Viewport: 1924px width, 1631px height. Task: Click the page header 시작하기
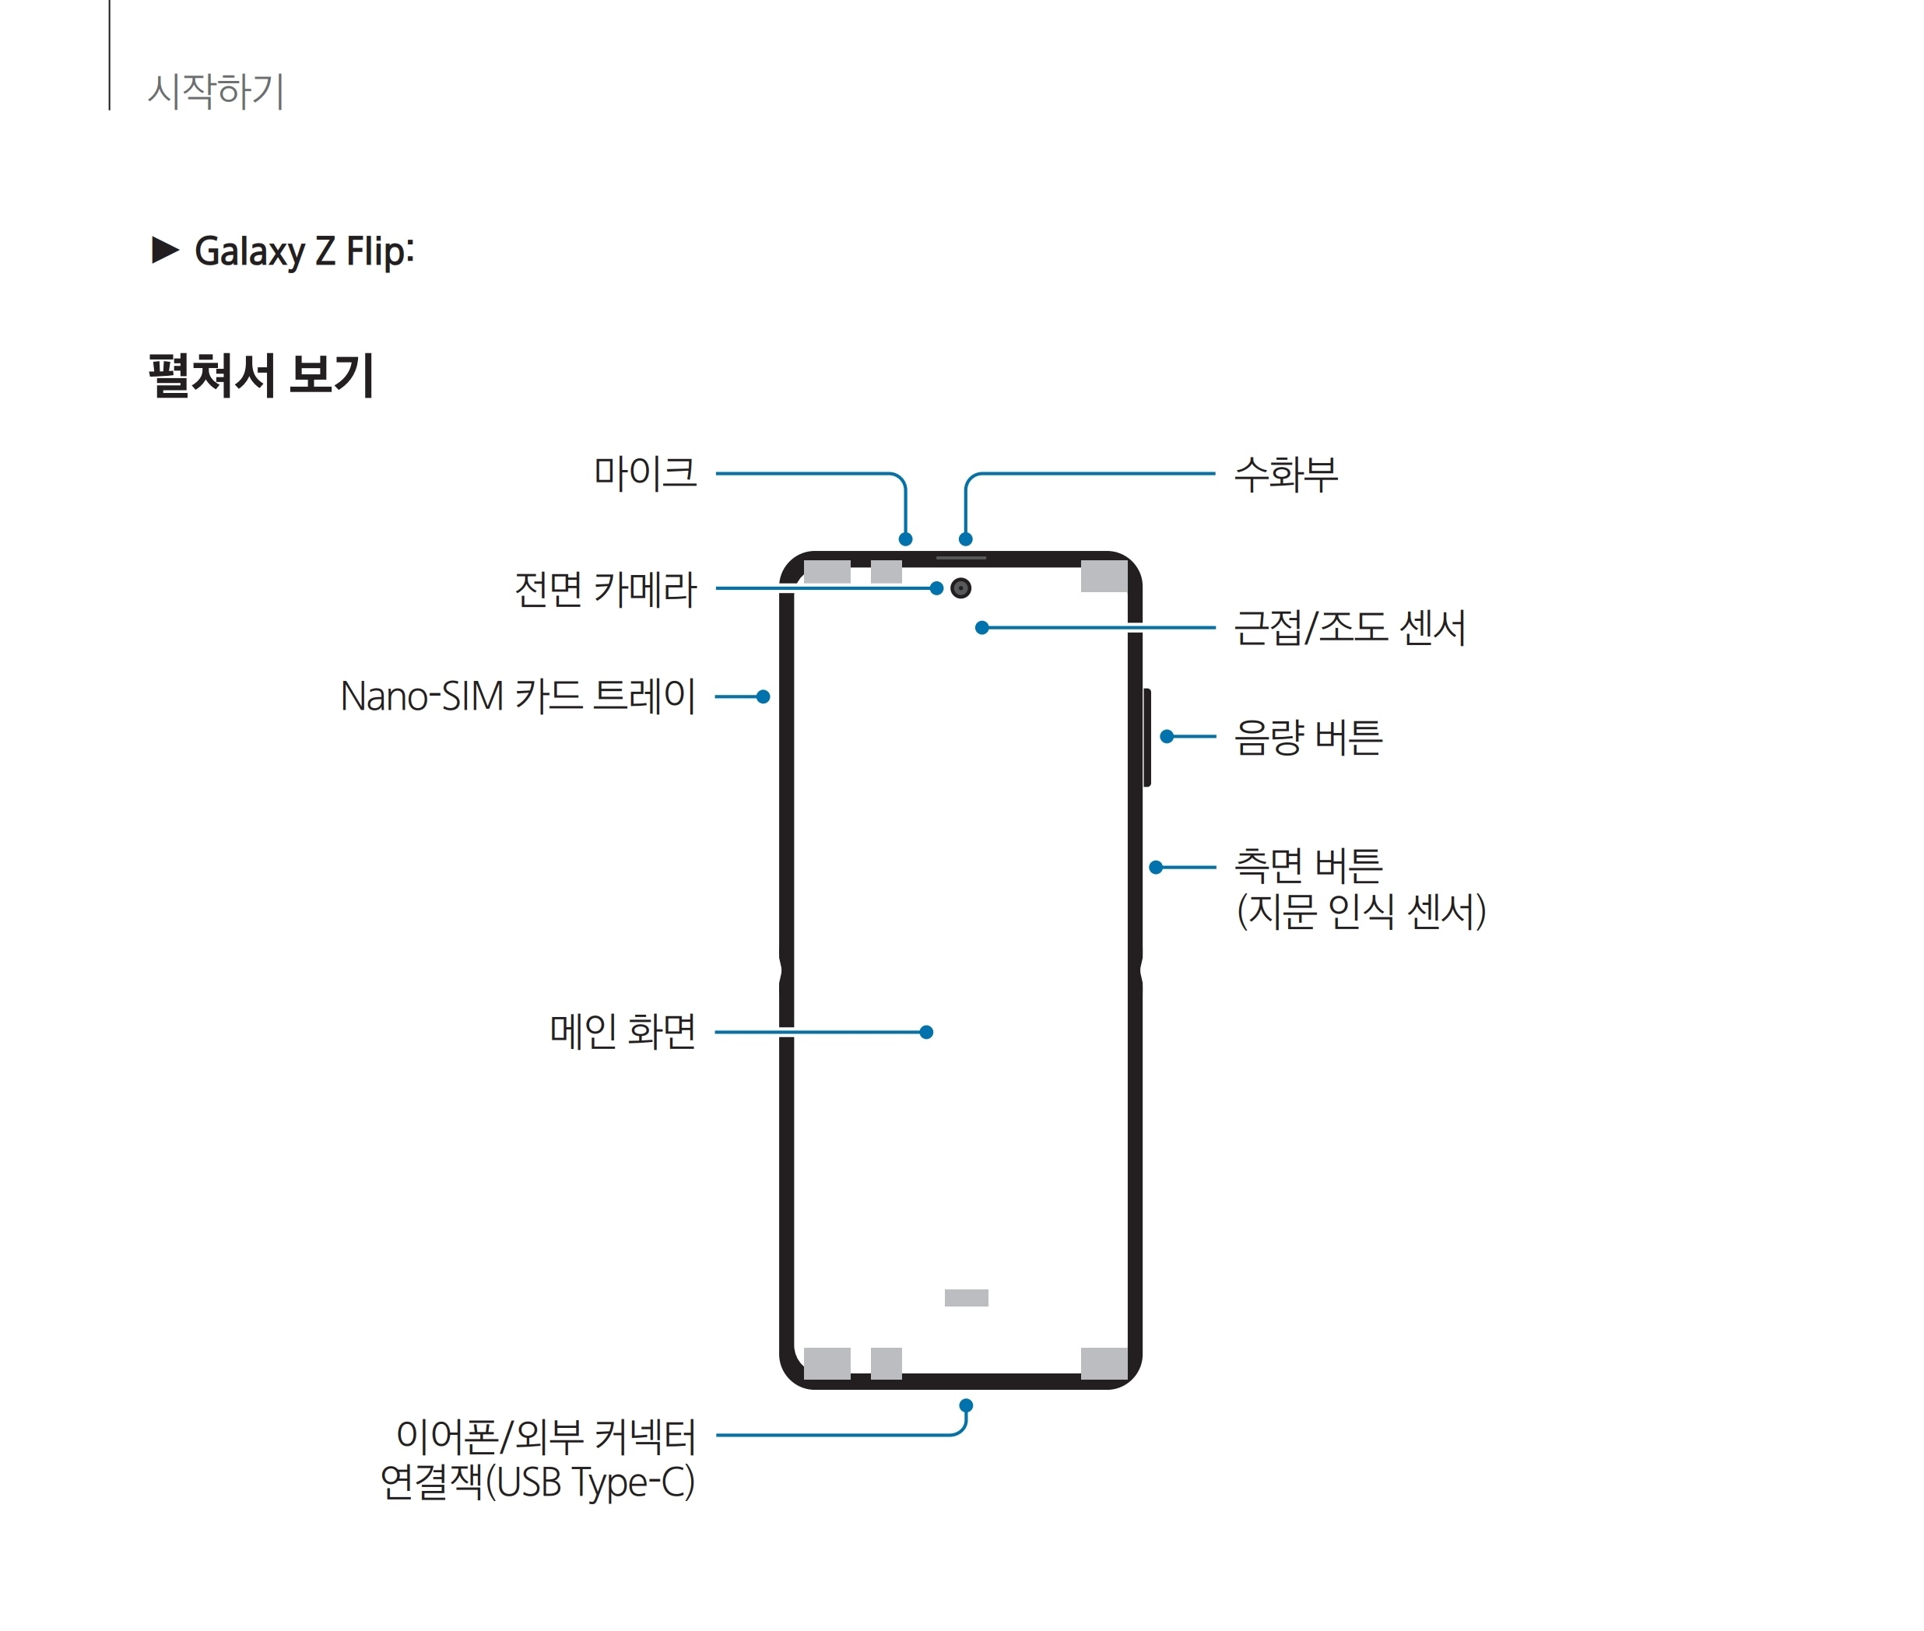[x=216, y=90]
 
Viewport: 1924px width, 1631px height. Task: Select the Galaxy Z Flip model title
[x=304, y=251]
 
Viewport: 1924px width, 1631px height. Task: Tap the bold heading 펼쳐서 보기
[x=261, y=375]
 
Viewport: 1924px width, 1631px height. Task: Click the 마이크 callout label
[x=644, y=472]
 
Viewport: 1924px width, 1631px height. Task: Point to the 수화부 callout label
[x=1285, y=473]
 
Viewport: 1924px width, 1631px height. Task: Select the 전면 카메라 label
[x=605, y=589]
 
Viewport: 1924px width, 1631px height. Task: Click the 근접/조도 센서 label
[x=1349, y=628]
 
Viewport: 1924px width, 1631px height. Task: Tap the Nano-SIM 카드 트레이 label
[x=517, y=696]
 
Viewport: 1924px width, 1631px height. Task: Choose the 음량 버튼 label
[x=1308, y=737]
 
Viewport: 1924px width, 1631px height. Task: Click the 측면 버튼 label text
[x=1308, y=865]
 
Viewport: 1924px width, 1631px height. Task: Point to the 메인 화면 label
[x=622, y=1031]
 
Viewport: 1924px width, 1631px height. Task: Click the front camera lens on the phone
[x=960, y=588]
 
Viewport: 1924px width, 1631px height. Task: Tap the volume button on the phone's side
[x=1146, y=737]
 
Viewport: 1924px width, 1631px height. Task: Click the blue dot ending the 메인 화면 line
[x=926, y=1032]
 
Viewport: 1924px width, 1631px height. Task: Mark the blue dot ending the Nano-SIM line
[x=763, y=696]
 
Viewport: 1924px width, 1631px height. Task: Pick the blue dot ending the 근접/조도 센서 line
[x=982, y=628]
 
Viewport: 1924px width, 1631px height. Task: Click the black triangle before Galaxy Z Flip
[x=164, y=250]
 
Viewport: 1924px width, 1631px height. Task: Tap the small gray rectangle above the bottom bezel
[x=966, y=1297]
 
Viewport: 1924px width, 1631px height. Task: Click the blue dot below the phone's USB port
[x=965, y=1405]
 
